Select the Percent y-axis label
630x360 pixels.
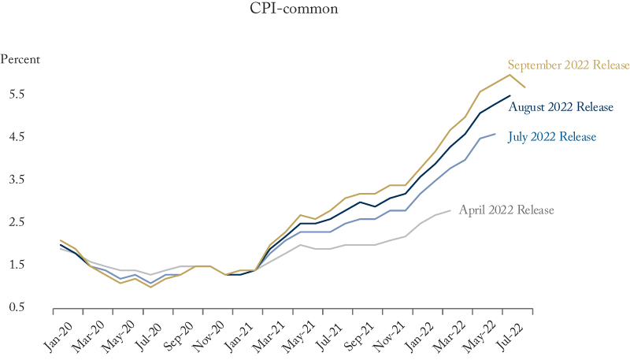[x=20, y=59]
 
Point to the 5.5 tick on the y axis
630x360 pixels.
[x=18, y=95]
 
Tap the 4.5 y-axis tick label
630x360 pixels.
[x=18, y=137]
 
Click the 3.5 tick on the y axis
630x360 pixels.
[x=18, y=180]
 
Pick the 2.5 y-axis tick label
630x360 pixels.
[x=18, y=222]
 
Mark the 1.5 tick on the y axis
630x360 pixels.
[x=18, y=265]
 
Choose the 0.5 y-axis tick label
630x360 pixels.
[x=18, y=307]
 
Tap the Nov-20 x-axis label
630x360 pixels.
[x=205, y=333]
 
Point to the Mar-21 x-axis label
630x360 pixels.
[x=267, y=333]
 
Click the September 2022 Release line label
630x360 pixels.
[x=569, y=65]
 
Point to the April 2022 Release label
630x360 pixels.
[x=506, y=210]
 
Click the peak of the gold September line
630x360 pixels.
[x=510, y=75]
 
